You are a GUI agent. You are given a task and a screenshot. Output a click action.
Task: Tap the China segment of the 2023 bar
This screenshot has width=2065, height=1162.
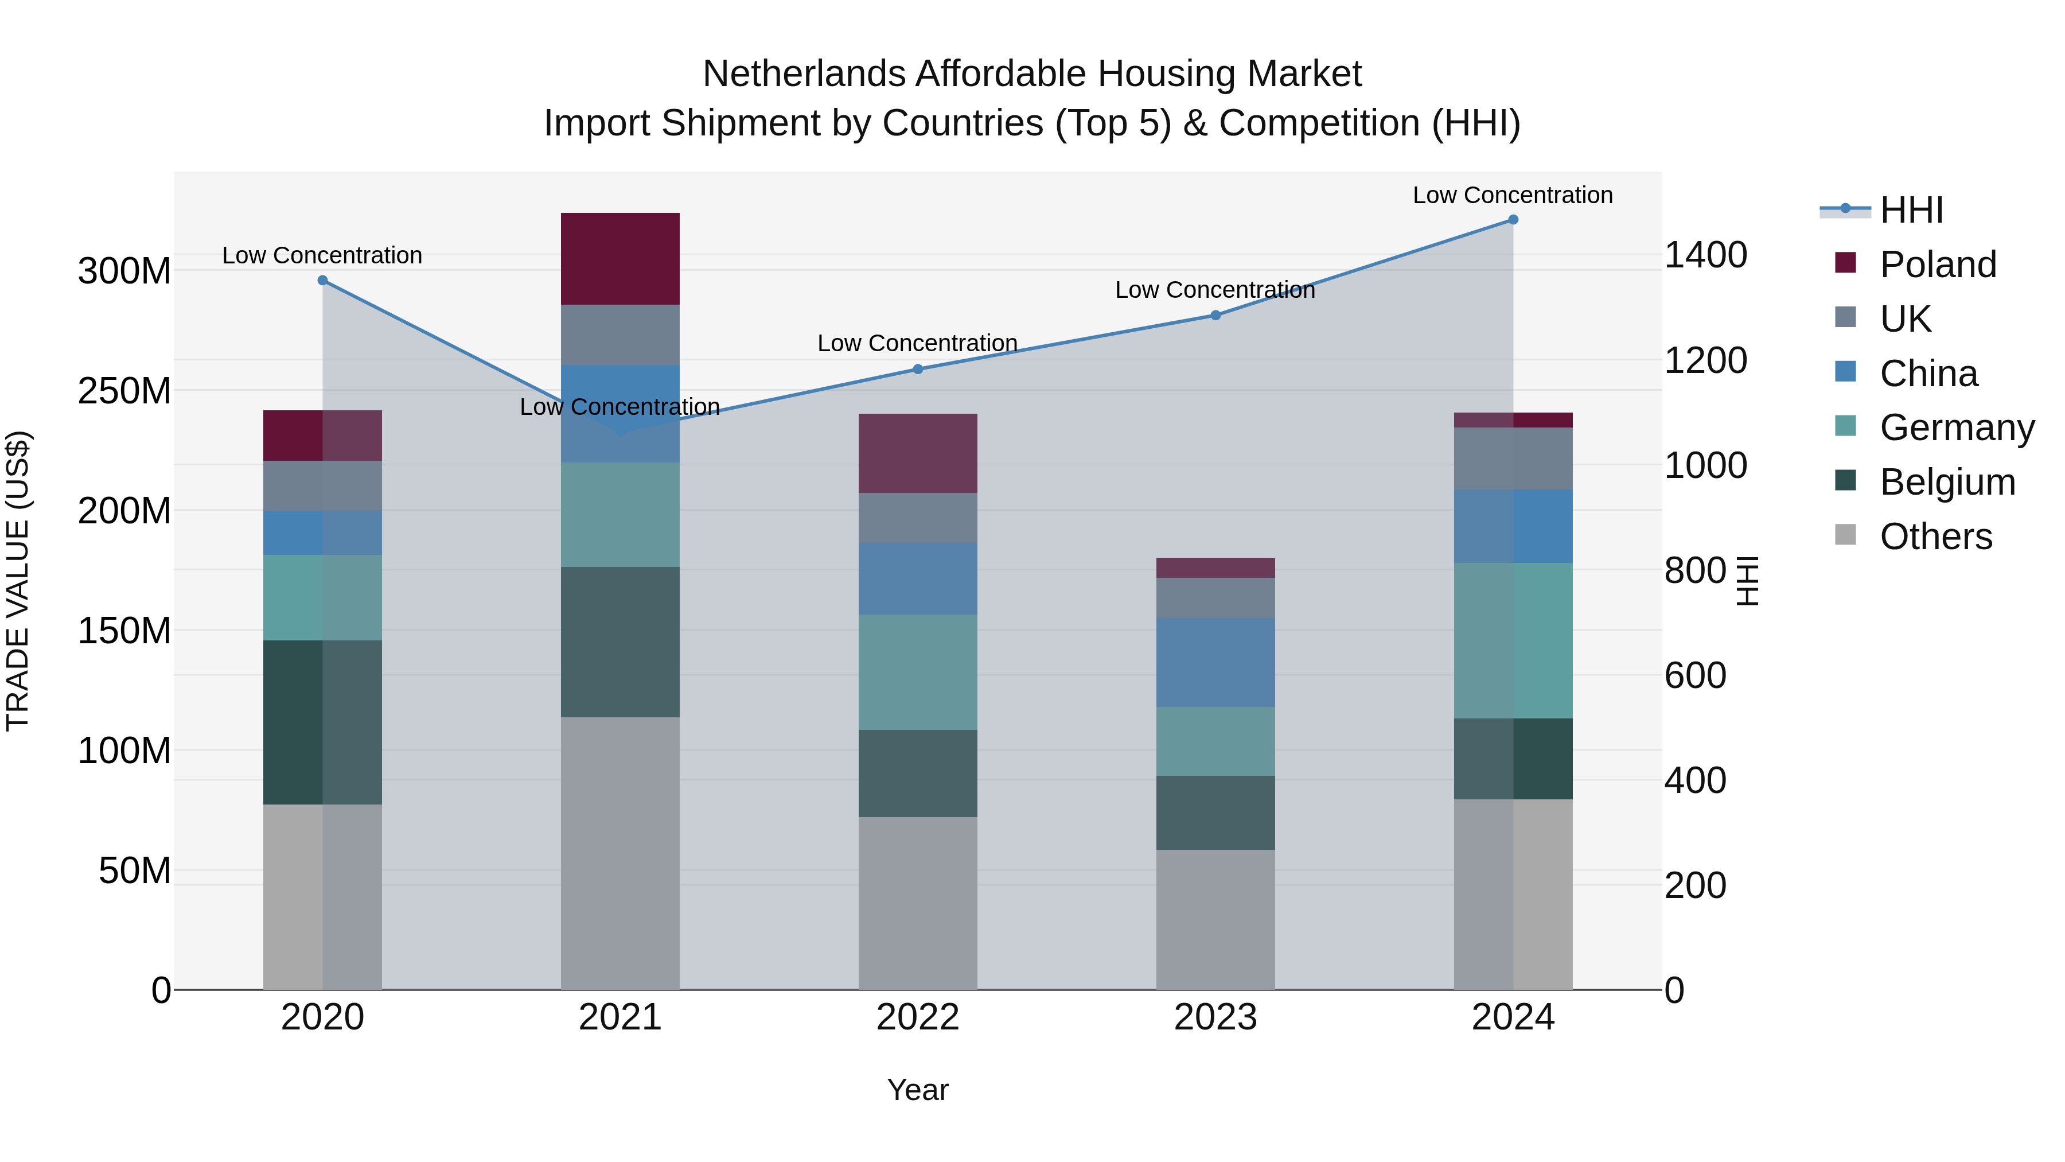click(1215, 662)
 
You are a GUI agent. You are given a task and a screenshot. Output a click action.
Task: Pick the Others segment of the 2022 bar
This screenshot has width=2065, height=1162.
click(918, 903)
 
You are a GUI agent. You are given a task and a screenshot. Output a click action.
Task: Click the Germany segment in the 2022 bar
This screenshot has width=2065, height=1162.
click(918, 672)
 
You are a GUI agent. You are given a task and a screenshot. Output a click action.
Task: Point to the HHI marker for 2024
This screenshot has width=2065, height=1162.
click(1513, 220)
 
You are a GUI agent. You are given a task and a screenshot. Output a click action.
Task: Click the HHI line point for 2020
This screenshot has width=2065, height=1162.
click(322, 281)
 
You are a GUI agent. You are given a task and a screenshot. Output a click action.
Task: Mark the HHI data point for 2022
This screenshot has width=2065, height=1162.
click(918, 369)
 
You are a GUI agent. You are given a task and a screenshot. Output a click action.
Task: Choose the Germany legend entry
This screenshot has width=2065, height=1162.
click(1957, 428)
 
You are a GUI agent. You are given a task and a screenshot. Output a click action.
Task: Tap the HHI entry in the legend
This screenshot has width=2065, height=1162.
click(1911, 210)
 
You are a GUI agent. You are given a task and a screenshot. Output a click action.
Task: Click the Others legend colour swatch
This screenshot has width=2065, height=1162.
click(1845, 535)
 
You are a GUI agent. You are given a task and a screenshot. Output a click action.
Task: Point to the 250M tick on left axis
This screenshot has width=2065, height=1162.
click(124, 391)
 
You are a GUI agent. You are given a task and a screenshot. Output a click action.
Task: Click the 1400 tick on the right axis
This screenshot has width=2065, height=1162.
click(1706, 255)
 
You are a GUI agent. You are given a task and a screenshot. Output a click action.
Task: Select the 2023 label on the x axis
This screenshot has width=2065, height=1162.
click(1215, 1017)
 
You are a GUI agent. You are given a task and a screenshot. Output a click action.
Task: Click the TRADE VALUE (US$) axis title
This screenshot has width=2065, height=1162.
click(18, 581)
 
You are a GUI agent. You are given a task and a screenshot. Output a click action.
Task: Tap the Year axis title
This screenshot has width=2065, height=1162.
click(918, 1090)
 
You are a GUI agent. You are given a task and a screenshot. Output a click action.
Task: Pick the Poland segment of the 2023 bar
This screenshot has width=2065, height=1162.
click(1215, 568)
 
